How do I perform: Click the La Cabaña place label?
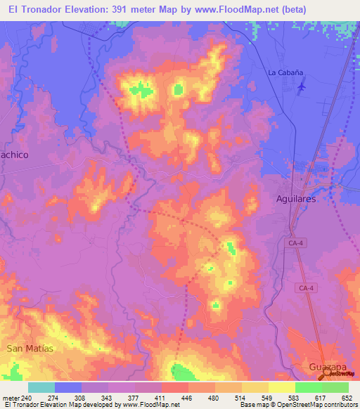[285, 72]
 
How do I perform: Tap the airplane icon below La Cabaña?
[302, 86]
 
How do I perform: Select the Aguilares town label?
[294, 200]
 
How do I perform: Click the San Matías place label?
[30, 348]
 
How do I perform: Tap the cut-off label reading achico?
[15, 155]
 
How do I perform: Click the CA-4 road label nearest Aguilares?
[296, 243]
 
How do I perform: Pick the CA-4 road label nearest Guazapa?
[304, 287]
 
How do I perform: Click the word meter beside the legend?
[11, 398]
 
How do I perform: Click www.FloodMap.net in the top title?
[243, 10]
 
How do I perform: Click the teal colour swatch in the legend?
[41, 387]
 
